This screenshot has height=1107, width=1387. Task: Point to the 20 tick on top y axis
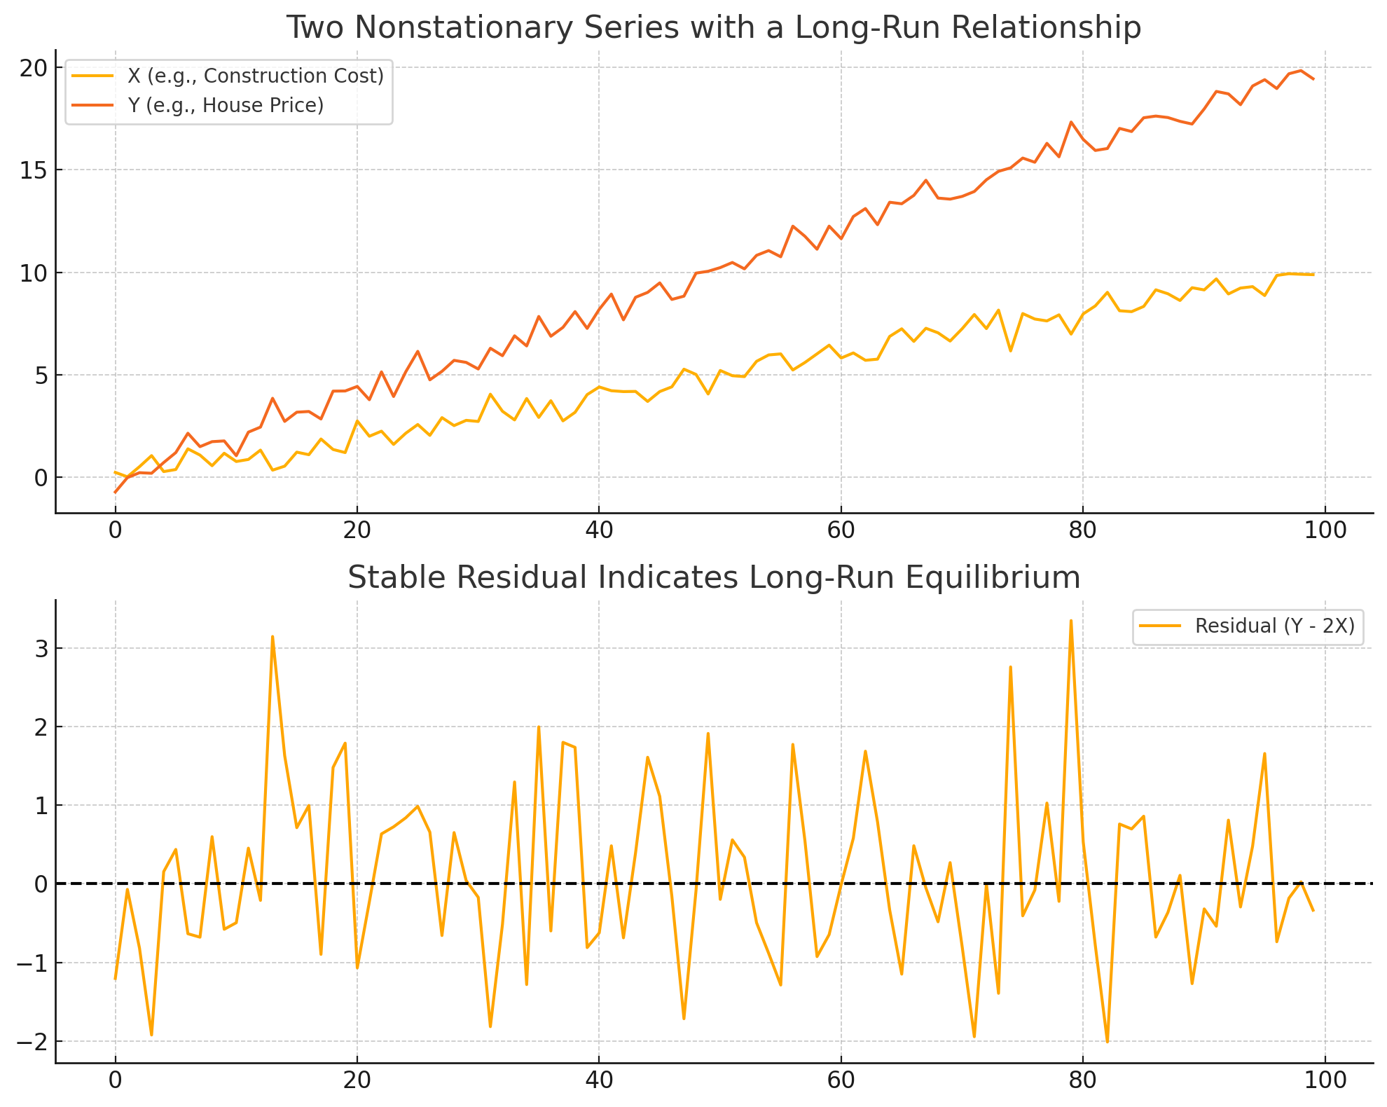pyautogui.click(x=32, y=68)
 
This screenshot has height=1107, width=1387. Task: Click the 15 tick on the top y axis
pyautogui.click(x=32, y=170)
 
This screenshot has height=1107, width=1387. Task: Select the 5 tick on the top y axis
pyautogui.click(x=38, y=376)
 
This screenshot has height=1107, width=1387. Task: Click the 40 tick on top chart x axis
pyautogui.click(x=598, y=530)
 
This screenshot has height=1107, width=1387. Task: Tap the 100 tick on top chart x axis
pyautogui.click(x=1325, y=530)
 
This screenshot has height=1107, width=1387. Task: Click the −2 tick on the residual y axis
pyautogui.click(x=32, y=1042)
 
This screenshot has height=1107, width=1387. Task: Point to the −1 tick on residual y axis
pyautogui.click(x=32, y=963)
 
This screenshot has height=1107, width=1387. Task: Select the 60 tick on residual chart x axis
pyautogui.click(x=841, y=1080)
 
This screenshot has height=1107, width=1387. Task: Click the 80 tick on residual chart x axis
pyautogui.click(x=1082, y=1080)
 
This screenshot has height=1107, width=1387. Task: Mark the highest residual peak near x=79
pyautogui.click(x=1070, y=621)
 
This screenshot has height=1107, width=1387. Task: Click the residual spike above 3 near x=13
pyautogui.click(x=272, y=637)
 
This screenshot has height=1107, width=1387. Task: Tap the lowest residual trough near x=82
pyautogui.click(x=1107, y=1042)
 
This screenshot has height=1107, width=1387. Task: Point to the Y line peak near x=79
pyautogui.click(x=1070, y=122)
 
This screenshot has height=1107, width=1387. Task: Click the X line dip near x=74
pyautogui.click(x=1010, y=350)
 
